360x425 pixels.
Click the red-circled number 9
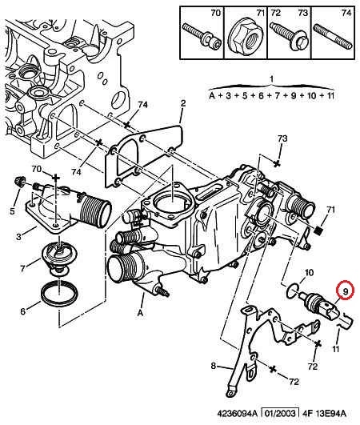coord(345,291)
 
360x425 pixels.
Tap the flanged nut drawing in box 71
coord(243,38)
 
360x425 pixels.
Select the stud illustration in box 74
coord(333,37)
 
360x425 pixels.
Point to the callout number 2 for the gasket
coord(183,103)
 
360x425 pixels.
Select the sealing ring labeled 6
coord(59,295)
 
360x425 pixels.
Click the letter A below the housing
coord(140,313)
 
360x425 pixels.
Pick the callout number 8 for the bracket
coord(214,366)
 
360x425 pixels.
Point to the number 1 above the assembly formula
coord(271,79)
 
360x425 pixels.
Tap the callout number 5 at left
coord(12,210)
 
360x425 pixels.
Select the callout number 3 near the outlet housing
coord(18,237)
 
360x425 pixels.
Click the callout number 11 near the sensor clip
coord(336,349)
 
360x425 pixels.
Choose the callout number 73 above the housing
coord(282,138)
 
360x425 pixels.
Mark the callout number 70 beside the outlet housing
coord(37,169)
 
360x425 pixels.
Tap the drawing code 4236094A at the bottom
coord(237,413)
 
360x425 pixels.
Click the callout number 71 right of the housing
coord(330,210)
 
